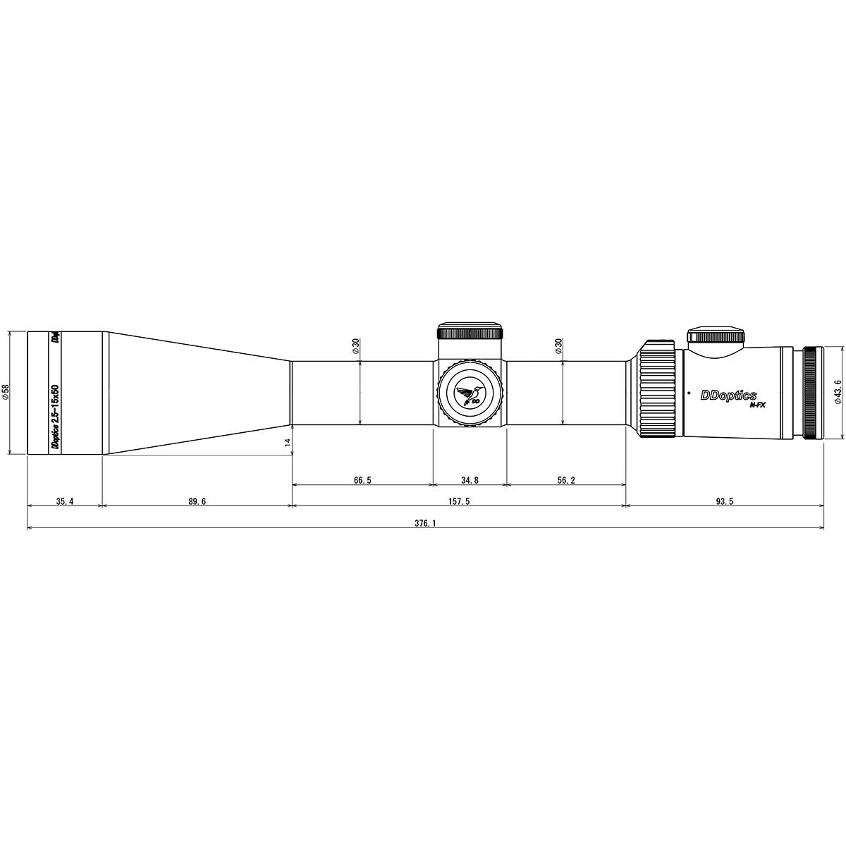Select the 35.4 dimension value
pyautogui.click(x=64, y=501)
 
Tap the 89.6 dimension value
pyautogui.click(x=197, y=501)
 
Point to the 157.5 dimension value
pyautogui.click(x=459, y=501)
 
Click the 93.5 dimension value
pyautogui.click(x=725, y=501)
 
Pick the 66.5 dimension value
pyautogui.click(x=362, y=480)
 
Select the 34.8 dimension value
pyautogui.click(x=470, y=480)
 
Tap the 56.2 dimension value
pyautogui.click(x=566, y=480)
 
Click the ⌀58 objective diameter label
pyautogui.click(x=6, y=392)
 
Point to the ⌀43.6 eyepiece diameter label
pyautogui.click(x=838, y=391)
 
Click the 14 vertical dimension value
pyautogui.click(x=287, y=442)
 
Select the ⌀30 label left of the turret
pyautogui.click(x=356, y=345)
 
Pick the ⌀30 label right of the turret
pyautogui.click(x=559, y=345)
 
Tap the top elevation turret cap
pyautogui.click(x=470, y=331)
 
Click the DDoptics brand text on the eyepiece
pyautogui.click(x=728, y=396)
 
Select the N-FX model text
pyautogui.click(x=757, y=405)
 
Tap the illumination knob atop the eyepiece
pyautogui.click(x=716, y=335)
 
